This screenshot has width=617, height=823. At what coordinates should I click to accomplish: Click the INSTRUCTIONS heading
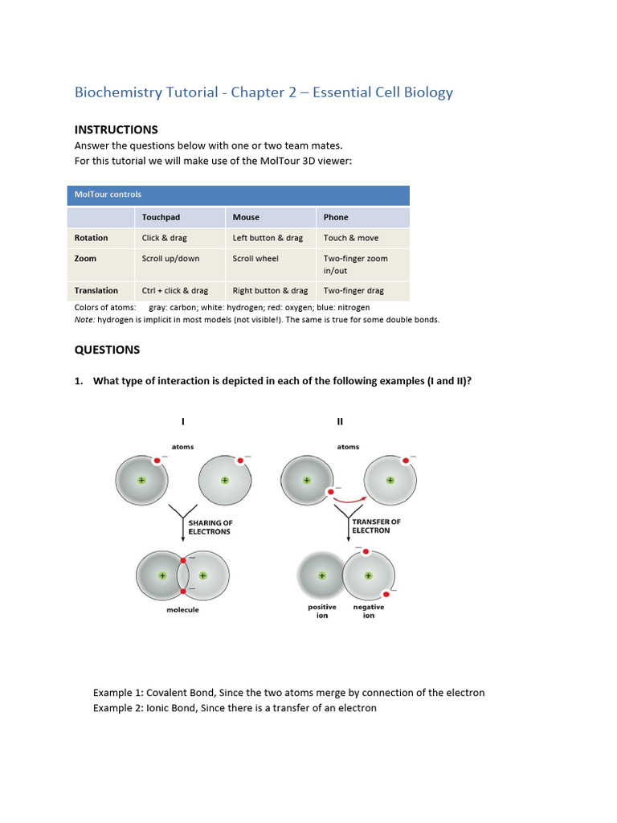(x=116, y=129)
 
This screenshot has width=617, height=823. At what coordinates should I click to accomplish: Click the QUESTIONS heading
(x=107, y=350)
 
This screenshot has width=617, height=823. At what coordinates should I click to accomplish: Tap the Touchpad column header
(x=161, y=217)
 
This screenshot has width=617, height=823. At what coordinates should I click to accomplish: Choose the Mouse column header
(x=246, y=217)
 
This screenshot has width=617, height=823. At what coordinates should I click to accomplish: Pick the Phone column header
(x=336, y=217)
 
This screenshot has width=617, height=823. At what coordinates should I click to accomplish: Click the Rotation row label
(x=91, y=238)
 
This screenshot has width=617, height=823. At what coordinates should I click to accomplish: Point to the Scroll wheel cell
(x=255, y=259)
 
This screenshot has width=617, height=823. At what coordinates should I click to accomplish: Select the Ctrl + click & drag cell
(x=174, y=291)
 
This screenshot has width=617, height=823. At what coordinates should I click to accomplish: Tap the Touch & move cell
(x=350, y=238)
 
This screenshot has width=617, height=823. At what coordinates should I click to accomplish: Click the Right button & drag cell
(x=270, y=291)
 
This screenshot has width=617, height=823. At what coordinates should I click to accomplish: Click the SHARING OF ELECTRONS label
(x=210, y=527)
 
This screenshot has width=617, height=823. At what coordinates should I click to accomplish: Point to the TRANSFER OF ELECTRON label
(x=376, y=526)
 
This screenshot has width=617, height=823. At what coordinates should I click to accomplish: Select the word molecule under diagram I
(x=182, y=610)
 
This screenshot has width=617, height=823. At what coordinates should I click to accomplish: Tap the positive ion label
(x=322, y=611)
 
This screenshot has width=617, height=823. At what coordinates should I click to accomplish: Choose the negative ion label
(x=369, y=611)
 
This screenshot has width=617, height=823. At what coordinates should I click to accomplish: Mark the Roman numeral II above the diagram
(x=340, y=421)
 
